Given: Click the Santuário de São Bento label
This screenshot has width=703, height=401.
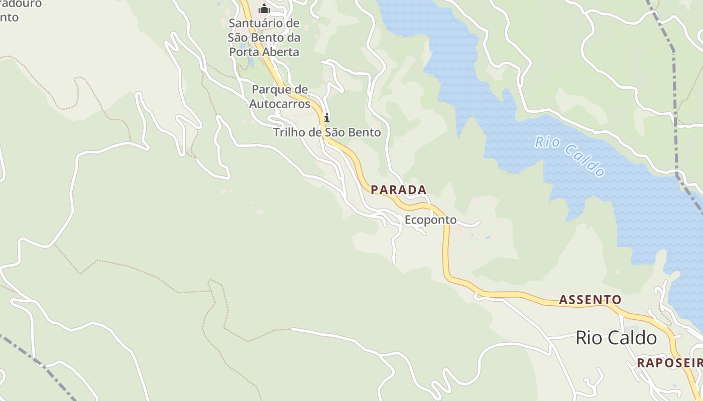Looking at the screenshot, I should (264, 38).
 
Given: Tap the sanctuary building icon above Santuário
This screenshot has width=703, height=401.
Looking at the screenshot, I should (264, 9).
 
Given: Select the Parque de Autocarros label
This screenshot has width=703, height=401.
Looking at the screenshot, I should (280, 97).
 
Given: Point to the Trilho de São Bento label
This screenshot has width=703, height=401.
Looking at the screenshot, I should (327, 132).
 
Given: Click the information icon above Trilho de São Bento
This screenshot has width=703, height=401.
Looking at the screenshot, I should (327, 118).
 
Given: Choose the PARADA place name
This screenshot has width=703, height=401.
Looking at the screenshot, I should (399, 190).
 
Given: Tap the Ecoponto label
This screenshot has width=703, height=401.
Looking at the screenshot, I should (430, 220).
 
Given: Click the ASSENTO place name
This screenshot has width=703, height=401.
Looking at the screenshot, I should (590, 300).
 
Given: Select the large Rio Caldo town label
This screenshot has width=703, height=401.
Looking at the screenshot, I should (616, 337).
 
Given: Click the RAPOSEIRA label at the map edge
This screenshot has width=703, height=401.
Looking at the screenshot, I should (669, 363).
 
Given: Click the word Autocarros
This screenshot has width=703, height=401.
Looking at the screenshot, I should (280, 104).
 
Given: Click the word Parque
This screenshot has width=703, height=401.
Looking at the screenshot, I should (280, 90).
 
